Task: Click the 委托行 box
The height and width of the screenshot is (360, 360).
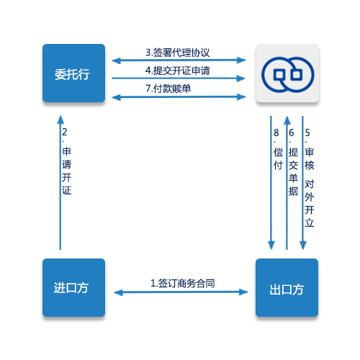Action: click(x=73, y=73)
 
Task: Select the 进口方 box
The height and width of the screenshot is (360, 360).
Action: click(x=73, y=287)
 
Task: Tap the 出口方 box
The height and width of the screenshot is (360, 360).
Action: click(x=287, y=287)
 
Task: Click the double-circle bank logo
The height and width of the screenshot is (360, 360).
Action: click(x=287, y=75)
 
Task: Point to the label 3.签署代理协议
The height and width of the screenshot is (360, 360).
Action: click(x=178, y=53)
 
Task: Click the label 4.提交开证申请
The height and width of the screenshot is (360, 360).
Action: click(x=178, y=71)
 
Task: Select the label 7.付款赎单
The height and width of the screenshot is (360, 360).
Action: click(x=168, y=89)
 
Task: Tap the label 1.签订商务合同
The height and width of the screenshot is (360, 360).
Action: click(x=183, y=284)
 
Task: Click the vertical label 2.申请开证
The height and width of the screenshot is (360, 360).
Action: click(x=66, y=161)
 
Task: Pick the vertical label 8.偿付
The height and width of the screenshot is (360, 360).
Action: click(x=278, y=149)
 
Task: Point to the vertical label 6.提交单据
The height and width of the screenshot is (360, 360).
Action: click(x=293, y=162)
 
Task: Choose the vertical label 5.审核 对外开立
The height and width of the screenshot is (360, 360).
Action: click(x=310, y=178)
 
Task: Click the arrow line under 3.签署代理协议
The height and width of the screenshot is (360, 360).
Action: click(x=179, y=60)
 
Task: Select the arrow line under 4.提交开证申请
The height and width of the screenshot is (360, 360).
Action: click(x=179, y=78)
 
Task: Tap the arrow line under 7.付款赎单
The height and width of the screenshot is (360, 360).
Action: click(x=179, y=97)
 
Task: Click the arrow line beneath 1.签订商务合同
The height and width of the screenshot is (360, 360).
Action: click(x=181, y=292)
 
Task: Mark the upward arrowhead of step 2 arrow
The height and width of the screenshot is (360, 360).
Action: click(x=60, y=120)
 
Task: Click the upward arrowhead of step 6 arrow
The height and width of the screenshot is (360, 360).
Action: click(x=287, y=121)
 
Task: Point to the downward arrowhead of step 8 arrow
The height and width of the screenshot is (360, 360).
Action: click(x=271, y=246)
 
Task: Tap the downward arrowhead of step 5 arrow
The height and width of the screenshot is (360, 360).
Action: click(x=303, y=246)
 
